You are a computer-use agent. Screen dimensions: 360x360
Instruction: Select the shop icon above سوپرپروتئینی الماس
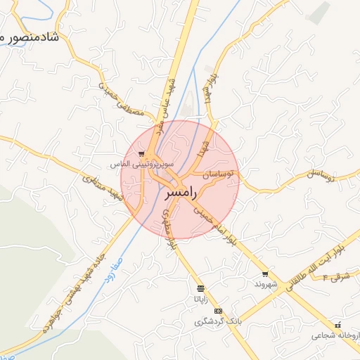coord(141,154)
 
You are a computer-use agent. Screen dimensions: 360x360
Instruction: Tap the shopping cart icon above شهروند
coord(265,274)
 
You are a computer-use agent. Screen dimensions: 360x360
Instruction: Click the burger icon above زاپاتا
coord(201,289)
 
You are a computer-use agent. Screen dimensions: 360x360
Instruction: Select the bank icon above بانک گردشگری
coord(218,311)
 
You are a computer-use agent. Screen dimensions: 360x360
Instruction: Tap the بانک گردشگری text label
coord(218,321)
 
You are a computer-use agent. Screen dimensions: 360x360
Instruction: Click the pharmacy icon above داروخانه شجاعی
coord(339,325)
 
